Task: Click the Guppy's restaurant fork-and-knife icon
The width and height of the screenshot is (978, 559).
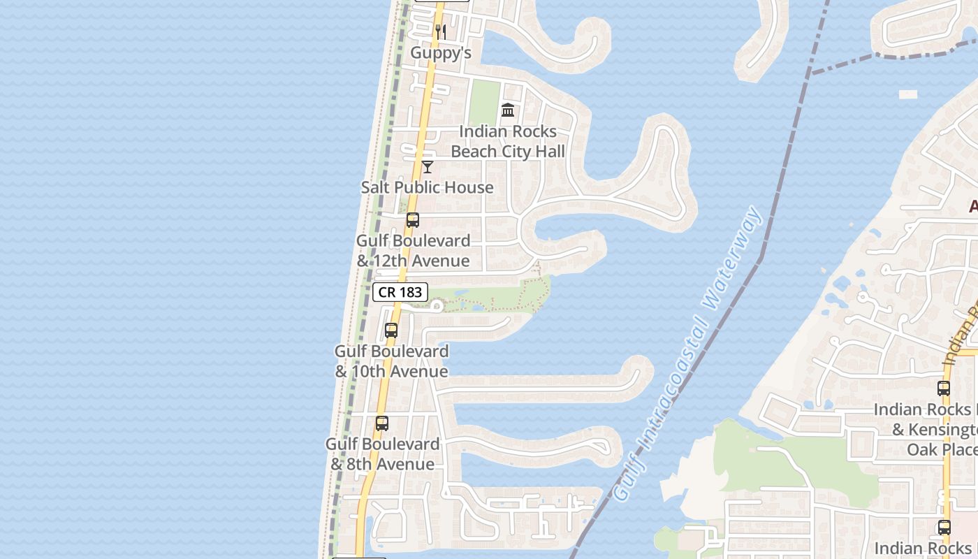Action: (x=441, y=31)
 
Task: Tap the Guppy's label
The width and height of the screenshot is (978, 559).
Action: (x=441, y=53)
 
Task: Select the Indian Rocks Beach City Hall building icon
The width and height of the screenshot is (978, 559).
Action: (x=508, y=110)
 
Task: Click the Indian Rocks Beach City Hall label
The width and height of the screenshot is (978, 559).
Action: (x=508, y=141)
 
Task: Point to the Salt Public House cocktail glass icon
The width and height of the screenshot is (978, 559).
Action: (x=428, y=167)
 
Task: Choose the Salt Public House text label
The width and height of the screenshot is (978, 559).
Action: (x=427, y=187)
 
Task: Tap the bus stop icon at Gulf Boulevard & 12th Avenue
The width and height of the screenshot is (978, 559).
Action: (x=413, y=220)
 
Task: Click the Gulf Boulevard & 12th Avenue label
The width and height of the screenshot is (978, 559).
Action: (x=413, y=250)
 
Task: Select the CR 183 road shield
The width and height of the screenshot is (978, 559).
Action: (x=400, y=292)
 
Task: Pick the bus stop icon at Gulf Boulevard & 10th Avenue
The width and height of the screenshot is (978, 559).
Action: (x=391, y=331)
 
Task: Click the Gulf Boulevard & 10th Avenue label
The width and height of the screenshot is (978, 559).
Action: (x=391, y=361)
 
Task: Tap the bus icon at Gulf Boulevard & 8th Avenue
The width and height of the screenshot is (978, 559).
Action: (x=381, y=423)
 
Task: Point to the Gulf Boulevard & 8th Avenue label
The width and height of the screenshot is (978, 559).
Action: (x=382, y=453)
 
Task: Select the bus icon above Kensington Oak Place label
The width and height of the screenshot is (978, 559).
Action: (x=944, y=389)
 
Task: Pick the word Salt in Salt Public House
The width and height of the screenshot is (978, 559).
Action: (x=376, y=187)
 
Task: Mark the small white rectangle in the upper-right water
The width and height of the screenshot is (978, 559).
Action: (x=907, y=94)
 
